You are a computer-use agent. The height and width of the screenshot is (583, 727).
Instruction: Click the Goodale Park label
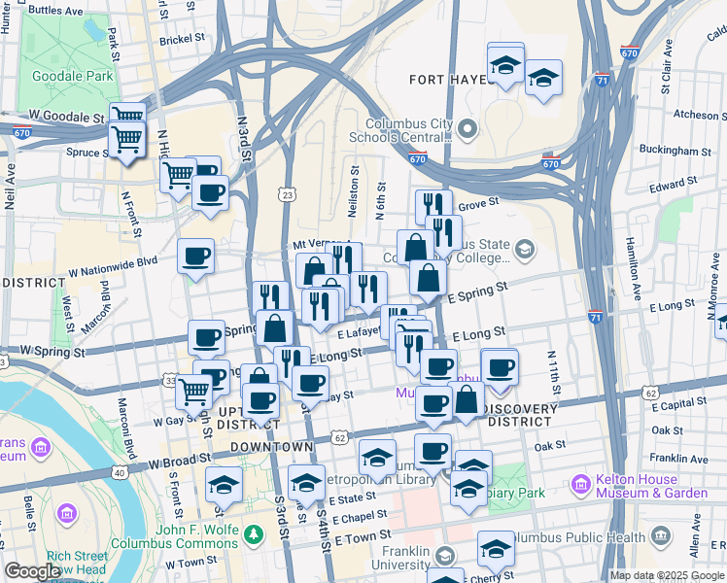(x=60, y=76)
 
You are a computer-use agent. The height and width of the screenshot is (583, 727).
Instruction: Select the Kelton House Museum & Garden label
(x=645, y=486)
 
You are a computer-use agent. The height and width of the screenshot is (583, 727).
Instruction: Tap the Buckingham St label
(x=677, y=152)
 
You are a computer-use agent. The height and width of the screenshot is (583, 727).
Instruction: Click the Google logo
(x=32, y=571)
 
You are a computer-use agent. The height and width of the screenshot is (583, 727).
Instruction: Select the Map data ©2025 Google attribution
(x=667, y=575)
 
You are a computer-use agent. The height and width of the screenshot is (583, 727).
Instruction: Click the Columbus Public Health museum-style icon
(x=661, y=536)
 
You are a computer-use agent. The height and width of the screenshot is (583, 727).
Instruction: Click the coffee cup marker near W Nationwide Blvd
(x=196, y=257)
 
